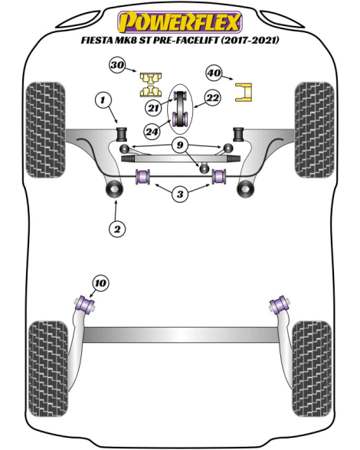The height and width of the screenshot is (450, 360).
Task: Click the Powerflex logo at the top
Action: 180,21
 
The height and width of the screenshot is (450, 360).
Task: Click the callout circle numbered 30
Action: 117,65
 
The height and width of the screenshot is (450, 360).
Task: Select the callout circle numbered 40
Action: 214,73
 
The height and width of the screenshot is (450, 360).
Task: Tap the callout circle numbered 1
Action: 103,100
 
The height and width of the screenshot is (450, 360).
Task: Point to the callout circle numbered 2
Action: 117,229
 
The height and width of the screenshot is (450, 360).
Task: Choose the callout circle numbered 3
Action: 180,194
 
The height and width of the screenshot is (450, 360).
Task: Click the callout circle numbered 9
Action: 180,145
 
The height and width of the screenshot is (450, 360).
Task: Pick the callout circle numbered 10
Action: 100,283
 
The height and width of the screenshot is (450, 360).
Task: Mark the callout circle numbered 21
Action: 154,108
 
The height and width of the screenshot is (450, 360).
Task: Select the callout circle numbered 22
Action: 213,98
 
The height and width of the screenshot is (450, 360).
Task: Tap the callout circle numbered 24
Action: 152,132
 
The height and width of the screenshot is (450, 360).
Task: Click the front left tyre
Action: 45,130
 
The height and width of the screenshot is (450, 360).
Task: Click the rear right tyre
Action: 312,370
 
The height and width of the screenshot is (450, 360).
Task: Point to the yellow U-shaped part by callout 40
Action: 244,92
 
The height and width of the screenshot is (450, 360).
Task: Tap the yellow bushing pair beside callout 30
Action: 151,85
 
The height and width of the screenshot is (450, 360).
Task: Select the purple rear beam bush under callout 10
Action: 84,305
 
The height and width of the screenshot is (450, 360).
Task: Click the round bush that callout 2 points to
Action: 114,189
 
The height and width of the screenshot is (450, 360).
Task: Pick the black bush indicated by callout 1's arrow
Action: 122,134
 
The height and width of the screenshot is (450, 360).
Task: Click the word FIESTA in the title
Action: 97,40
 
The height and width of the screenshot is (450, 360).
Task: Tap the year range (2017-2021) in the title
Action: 250,40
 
